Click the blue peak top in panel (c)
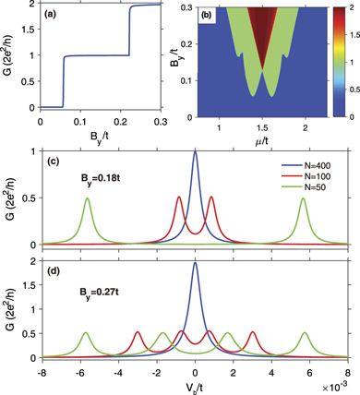[195, 152]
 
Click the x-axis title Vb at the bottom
[195, 389]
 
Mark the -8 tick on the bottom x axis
[42, 372]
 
